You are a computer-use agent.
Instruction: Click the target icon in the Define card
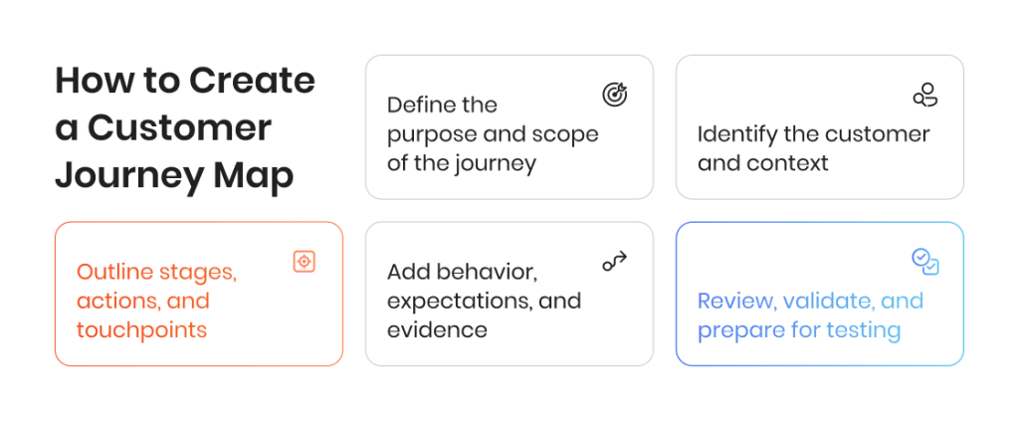point(614,95)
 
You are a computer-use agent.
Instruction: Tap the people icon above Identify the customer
point(925,95)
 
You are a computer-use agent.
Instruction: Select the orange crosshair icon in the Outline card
point(304,261)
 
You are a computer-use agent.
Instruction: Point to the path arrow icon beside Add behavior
point(614,261)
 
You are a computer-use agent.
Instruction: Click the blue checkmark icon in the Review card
point(925,261)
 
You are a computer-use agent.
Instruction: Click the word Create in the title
point(252,81)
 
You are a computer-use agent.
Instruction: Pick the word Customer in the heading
point(179,128)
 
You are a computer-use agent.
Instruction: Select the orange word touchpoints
point(141,330)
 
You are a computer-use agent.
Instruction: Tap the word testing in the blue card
point(864,330)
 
